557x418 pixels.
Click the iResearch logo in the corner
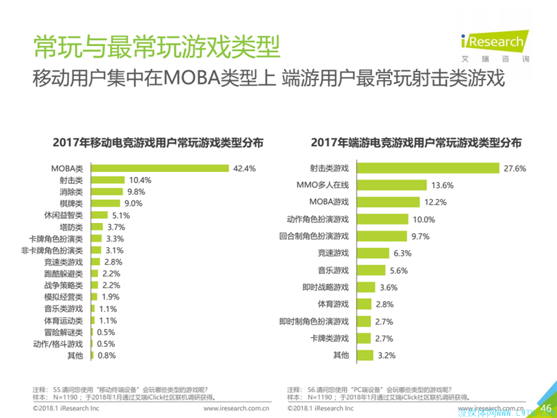tap(492, 43)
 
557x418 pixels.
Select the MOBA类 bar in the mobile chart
tap(158, 168)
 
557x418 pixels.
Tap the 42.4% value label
tap(245, 168)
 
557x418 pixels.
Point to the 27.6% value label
tap(516, 168)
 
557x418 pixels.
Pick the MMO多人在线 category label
tap(322, 185)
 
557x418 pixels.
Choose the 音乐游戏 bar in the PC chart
tap(370, 270)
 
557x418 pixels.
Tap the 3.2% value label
tap(387, 355)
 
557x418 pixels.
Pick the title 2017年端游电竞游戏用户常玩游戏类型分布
tap(416, 143)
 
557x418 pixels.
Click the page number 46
tap(546, 408)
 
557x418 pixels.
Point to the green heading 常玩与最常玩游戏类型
tap(156, 47)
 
